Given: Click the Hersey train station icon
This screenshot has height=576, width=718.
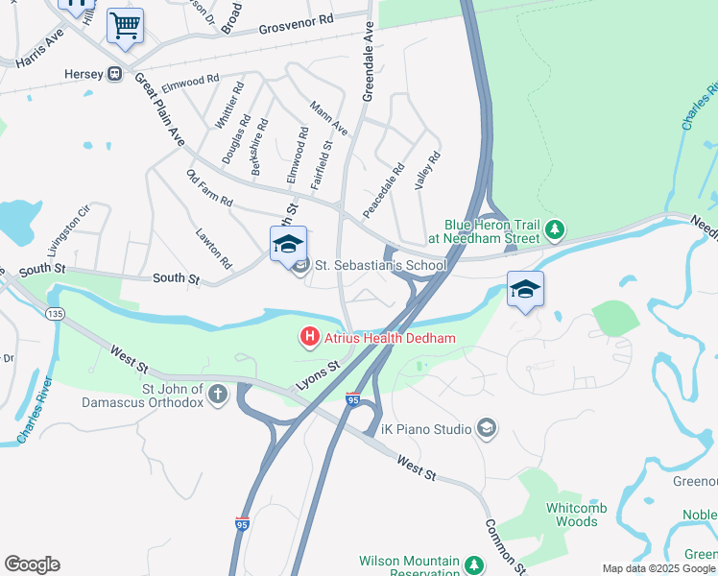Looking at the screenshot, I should tap(114, 73).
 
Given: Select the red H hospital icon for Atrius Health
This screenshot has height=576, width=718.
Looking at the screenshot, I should tap(309, 337).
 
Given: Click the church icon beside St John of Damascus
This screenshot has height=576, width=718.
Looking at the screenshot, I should tap(218, 395).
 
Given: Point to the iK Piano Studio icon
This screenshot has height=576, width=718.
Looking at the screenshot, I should tap(487, 427).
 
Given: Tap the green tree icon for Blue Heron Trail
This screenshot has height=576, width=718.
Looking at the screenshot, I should tap(554, 230).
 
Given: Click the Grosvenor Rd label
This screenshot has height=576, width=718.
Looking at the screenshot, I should tap(296, 23).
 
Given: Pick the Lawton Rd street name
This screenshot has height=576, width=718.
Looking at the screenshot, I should tap(213, 248).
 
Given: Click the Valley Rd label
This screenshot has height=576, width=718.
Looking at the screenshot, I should tap(427, 170).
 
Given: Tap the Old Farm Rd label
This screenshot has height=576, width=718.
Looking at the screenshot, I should tap(209, 188).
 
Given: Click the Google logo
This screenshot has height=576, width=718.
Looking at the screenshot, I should tap(32, 564).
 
